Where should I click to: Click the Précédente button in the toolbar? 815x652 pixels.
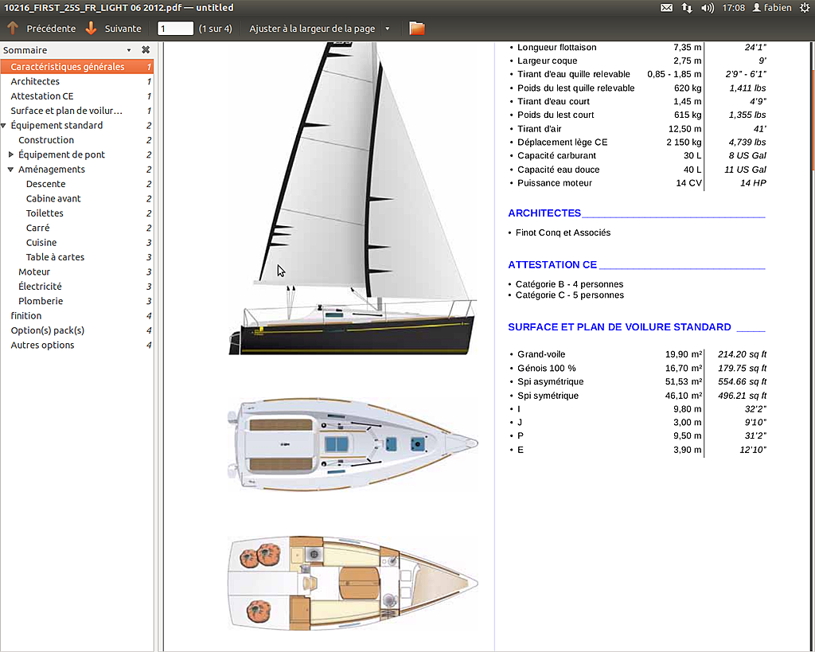click(41, 29)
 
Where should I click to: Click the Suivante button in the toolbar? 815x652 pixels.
click(113, 29)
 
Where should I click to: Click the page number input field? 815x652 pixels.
click(175, 29)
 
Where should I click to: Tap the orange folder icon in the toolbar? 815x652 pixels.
click(417, 29)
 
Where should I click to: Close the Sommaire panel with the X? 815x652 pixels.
click(146, 50)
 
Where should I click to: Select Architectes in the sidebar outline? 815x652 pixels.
click(35, 82)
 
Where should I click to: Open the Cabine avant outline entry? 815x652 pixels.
click(53, 198)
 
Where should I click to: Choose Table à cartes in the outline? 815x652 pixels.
click(55, 257)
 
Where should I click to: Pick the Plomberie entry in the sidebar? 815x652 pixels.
click(41, 301)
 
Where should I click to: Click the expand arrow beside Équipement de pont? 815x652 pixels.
click(11, 154)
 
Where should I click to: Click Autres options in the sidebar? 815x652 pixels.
click(42, 346)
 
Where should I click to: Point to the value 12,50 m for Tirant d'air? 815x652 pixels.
click(684, 129)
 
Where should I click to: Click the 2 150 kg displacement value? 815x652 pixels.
click(684, 143)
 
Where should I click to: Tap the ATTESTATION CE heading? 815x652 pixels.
click(552, 264)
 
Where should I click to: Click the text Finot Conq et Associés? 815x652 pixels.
click(563, 233)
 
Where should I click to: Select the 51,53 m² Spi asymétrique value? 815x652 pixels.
click(684, 381)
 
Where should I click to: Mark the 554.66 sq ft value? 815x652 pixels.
click(742, 381)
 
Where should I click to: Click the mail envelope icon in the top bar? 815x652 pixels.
click(666, 8)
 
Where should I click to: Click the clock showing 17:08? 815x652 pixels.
click(733, 8)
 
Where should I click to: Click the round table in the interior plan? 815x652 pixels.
click(360, 583)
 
